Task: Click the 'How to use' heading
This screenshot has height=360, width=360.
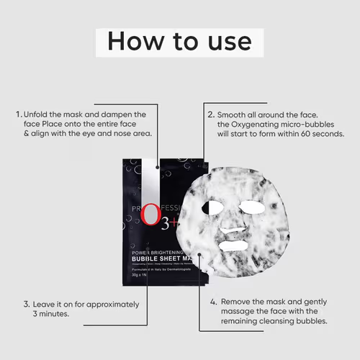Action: (179, 41)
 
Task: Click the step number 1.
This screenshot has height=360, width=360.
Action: (17, 114)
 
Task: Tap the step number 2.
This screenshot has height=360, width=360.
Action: (210, 114)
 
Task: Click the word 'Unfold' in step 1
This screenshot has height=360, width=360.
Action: (37, 114)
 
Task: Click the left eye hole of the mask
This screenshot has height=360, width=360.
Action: (214, 207)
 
